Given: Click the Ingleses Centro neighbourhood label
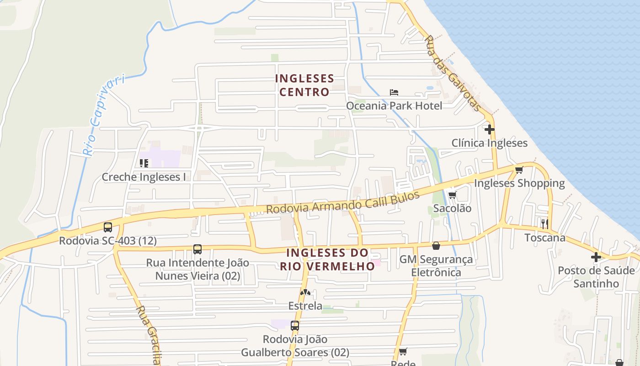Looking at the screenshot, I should click(x=304, y=86).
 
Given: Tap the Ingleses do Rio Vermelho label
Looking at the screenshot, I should click(x=327, y=259).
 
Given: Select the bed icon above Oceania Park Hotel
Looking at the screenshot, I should click(x=394, y=92).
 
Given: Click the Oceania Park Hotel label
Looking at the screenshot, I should click(x=394, y=106).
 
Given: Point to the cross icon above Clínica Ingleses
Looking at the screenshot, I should click(x=490, y=129).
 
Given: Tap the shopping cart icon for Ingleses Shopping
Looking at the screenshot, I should click(x=519, y=170).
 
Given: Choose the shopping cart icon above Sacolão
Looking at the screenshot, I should click(x=452, y=195).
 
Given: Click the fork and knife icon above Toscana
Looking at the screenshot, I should click(x=544, y=224).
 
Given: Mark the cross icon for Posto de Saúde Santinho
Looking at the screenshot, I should click(x=596, y=257).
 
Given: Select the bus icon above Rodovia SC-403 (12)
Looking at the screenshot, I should click(x=108, y=227).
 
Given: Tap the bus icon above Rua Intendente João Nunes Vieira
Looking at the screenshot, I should click(x=197, y=249).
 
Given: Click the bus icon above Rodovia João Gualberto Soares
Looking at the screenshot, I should click(x=295, y=326).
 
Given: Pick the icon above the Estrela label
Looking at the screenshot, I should click(x=305, y=292).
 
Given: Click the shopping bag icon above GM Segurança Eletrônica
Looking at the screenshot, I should click(x=436, y=246).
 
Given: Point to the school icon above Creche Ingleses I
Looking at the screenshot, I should click(x=144, y=163).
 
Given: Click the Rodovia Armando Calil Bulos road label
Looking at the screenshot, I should click(x=343, y=203).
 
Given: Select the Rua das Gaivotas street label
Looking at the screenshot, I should click(x=453, y=74).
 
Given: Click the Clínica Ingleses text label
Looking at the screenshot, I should click(x=490, y=143).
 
